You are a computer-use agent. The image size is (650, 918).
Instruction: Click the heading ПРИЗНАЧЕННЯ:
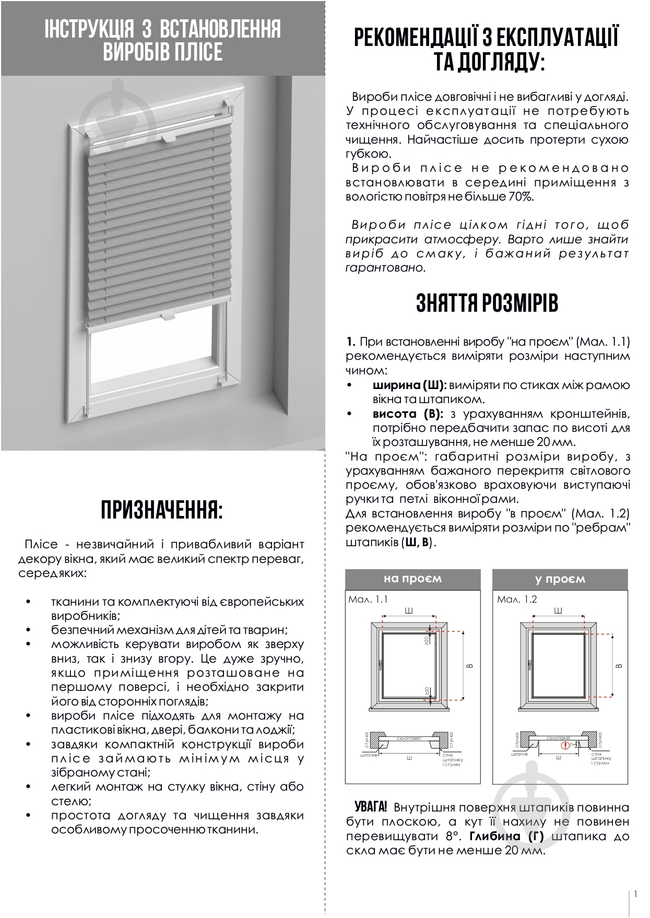tap(161, 510)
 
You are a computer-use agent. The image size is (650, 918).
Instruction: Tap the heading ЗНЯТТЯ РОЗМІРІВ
tap(487, 303)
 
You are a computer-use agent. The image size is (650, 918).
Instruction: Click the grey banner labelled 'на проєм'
tap(412, 579)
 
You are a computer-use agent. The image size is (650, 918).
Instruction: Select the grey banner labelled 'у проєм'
tap(560, 579)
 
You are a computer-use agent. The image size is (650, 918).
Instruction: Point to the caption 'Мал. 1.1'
tap(368, 599)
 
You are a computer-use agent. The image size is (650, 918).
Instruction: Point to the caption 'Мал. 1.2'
tap(517, 599)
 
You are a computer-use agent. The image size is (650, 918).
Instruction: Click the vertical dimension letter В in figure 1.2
tap(619, 665)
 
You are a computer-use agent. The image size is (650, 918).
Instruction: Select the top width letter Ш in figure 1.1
tap(409, 610)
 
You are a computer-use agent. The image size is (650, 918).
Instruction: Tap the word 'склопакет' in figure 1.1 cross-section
tap(409, 738)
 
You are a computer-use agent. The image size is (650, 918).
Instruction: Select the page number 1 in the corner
tap(635, 894)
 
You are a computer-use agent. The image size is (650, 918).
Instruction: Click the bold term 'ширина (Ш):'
tap(410, 385)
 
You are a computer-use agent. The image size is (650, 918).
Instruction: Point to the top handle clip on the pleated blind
tap(168, 139)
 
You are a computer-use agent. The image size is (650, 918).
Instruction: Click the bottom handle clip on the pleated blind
tap(168, 315)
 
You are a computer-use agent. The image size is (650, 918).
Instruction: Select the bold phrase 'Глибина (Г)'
tap(506, 836)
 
